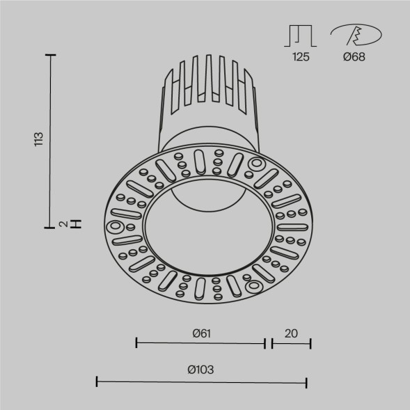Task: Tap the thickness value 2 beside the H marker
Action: click(x=63, y=223)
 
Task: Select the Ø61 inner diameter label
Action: click(x=201, y=333)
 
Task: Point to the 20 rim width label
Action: click(x=291, y=333)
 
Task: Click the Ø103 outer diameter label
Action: click(x=200, y=370)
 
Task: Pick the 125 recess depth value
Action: click(x=301, y=57)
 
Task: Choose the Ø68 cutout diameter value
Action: click(x=354, y=57)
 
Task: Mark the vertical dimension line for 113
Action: click(x=49, y=139)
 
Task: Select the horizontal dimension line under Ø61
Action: click(x=200, y=342)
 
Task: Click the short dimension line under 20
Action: click(x=291, y=342)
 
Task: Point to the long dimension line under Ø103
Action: click(x=201, y=381)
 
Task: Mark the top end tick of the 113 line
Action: click(x=49, y=54)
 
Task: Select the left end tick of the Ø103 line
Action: click(x=96, y=381)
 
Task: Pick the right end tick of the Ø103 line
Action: click(x=307, y=381)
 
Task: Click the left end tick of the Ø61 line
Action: click(x=136, y=342)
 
